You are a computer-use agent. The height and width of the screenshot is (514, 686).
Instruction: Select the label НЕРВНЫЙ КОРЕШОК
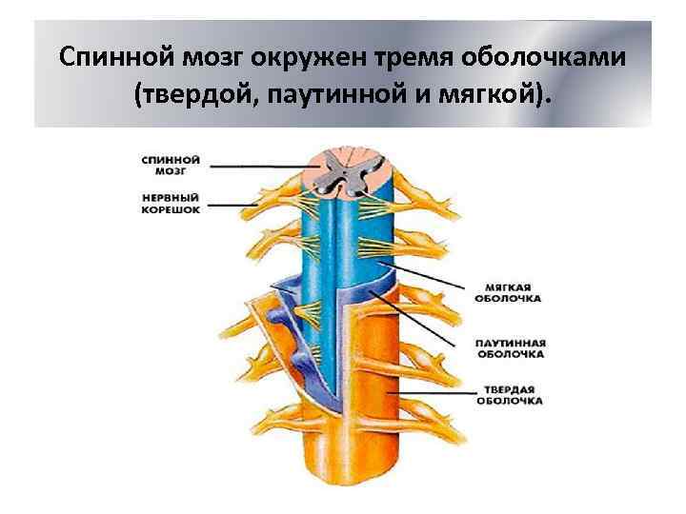(x=170, y=203)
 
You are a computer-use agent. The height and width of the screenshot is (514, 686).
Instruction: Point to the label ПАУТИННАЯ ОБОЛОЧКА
(x=509, y=347)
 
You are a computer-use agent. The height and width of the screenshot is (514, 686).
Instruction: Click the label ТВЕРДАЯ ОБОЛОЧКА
(x=509, y=395)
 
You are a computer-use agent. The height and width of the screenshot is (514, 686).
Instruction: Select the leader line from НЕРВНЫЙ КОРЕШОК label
(x=234, y=204)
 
